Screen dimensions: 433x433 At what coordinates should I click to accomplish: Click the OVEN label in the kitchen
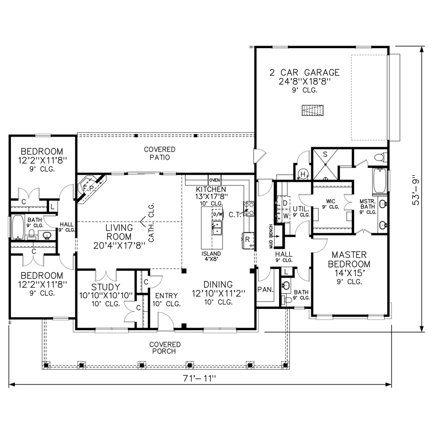pos(215,180)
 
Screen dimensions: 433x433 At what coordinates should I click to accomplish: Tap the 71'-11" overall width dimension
pos(199,378)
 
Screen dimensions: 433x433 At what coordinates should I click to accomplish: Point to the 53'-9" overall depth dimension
pos(416,190)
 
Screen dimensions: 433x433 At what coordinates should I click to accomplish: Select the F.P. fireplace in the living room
pos(89,188)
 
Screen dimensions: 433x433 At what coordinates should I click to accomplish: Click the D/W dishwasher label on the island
pos(217,214)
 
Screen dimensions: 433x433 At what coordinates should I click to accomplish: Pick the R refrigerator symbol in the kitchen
pos(248,240)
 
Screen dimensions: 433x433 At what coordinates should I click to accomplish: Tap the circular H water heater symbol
pos(303,174)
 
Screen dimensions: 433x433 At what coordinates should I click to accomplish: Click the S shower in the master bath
pos(325,165)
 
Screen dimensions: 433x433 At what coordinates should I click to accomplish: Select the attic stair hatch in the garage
pos(313,110)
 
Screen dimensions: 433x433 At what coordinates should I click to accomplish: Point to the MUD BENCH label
pos(271,236)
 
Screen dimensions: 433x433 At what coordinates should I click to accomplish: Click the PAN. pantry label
pos(266,290)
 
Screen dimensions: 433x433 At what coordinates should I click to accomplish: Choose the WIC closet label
pos(331,201)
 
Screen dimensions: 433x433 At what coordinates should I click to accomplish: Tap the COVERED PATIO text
pos(160,153)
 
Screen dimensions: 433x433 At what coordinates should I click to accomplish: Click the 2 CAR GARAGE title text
pos(305,72)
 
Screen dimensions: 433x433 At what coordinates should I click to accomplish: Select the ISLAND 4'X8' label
pos(211,256)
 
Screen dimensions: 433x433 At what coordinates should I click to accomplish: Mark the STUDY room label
pos(106,287)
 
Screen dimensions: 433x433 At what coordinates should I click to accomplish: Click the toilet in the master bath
pos(381,157)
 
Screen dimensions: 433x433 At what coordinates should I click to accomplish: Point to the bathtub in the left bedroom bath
pos(18,227)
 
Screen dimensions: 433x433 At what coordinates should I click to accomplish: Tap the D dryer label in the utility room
pos(285,203)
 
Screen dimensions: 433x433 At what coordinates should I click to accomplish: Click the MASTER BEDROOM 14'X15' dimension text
pos(349,273)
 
